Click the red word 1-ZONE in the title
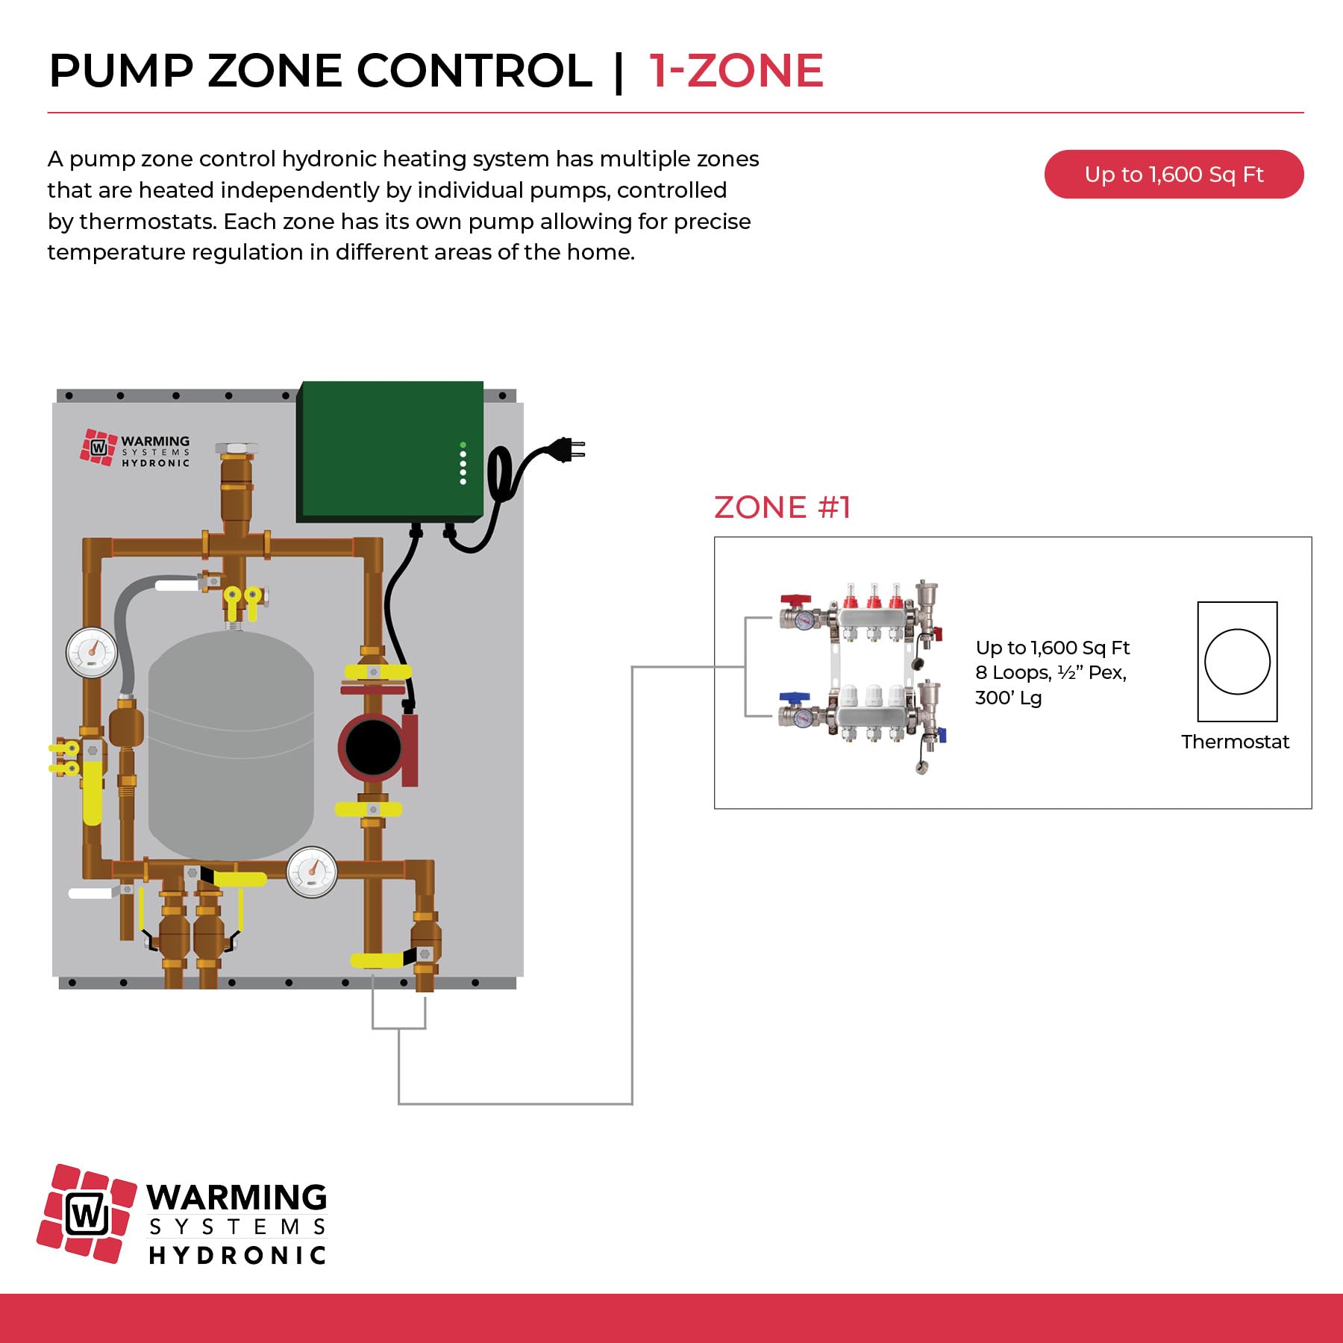[x=736, y=71]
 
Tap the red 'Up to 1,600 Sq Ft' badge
[x=1174, y=175]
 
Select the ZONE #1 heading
[x=782, y=507]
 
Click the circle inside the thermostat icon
[x=1237, y=662]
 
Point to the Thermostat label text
[x=1235, y=742]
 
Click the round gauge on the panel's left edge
[x=92, y=651]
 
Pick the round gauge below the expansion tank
[x=312, y=871]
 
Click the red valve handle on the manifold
[x=795, y=600]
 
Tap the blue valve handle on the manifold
[x=794, y=698]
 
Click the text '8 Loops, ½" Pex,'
[x=1051, y=672]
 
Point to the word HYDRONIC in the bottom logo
[x=237, y=1255]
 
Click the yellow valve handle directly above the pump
[x=378, y=672]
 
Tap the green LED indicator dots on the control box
[x=463, y=463]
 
